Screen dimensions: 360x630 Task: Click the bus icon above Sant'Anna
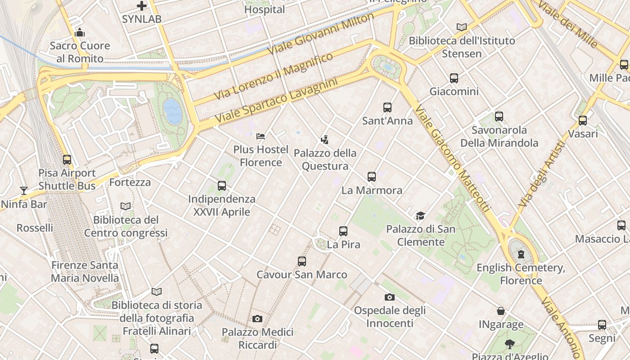click(x=387, y=108)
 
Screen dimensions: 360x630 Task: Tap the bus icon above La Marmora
click(x=371, y=177)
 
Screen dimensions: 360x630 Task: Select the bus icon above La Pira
click(x=343, y=231)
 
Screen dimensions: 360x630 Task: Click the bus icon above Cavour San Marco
click(x=302, y=261)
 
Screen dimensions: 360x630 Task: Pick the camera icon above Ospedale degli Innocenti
click(x=390, y=297)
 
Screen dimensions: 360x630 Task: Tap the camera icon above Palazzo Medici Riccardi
click(x=257, y=319)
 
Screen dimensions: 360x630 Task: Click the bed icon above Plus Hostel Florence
click(x=261, y=136)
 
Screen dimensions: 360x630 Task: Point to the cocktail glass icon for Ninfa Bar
click(x=24, y=191)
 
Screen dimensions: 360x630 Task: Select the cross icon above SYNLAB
click(x=142, y=6)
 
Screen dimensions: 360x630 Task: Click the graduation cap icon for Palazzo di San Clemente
click(x=420, y=216)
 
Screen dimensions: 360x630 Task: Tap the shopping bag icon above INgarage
click(x=501, y=311)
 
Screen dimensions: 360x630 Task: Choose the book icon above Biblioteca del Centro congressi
click(x=126, y=206)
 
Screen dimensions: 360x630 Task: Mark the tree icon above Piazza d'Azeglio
click(x=510, y=344)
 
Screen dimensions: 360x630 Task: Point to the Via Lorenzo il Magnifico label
click(x=273, y=76)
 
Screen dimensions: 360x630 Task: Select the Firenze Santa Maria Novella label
click(x=85, y=271)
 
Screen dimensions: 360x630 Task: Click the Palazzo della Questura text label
click(x=325, y=159)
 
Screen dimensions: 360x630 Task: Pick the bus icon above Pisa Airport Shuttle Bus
click(x=67, y=160)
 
